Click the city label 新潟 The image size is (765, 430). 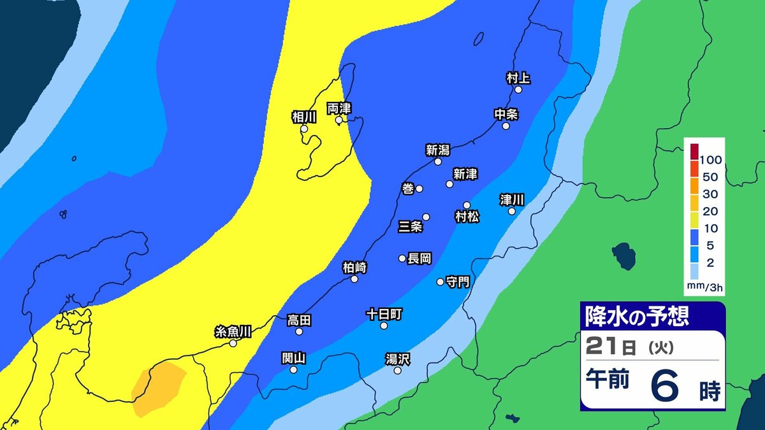(438, 150)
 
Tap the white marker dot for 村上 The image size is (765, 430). (518, 90)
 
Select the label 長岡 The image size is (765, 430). (419, 258)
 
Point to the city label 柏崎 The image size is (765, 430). (354, 267)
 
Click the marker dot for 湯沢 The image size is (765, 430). (397, 370)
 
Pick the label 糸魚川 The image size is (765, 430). (233, 331)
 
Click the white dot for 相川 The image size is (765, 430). (304, 129)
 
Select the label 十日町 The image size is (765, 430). (384, 314)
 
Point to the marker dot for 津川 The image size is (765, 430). (511, 211)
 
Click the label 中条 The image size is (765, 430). (506, 114)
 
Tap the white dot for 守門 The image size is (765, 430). (440, 282)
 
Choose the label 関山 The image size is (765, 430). (294, 358)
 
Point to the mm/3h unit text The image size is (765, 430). (704, 288)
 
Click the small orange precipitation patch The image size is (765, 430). (158, 385)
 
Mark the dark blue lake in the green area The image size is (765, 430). (623, 256)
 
